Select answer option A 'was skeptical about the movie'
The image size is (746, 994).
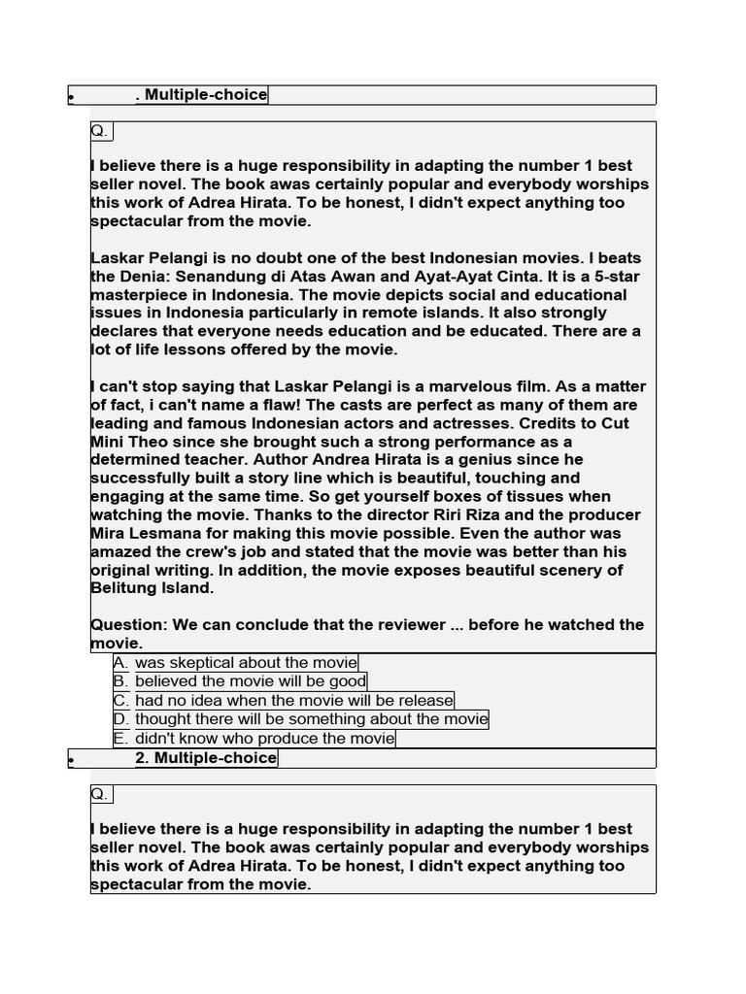coord(246,663)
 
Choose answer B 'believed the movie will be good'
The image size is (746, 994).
coord(251,681)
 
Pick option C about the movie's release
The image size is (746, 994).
coord(293,701)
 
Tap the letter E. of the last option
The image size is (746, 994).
coord(121,739)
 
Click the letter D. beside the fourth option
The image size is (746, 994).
coord(121,719)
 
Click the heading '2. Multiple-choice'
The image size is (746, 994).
coord(206,758)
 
